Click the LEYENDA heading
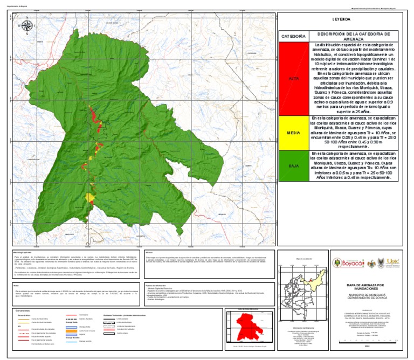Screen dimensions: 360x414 coord(341,19)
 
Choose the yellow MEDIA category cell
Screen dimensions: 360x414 coord(293,132)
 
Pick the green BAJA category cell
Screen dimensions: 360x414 coord(293,165)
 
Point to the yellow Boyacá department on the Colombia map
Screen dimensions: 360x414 coord(314,280)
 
